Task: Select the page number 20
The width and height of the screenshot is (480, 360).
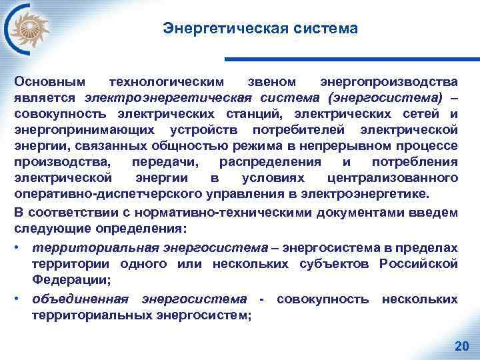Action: click(x=461, y=345)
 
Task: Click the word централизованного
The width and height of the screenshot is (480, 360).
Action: click(x=393, y=177)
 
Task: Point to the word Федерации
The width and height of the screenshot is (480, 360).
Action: click(x=60, y=280)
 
